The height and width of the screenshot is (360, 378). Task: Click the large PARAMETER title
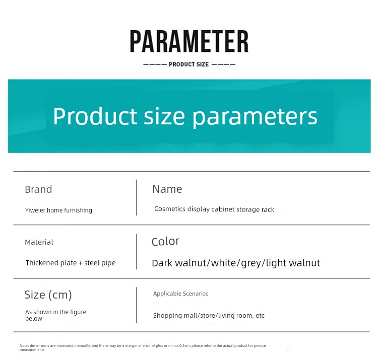click(x=189, y=41)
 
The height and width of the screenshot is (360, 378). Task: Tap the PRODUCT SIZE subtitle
click(x=189, y=64)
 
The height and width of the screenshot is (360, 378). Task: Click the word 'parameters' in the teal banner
click(x=255, y=117)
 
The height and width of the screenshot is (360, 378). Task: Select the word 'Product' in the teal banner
click(x=95, y=116)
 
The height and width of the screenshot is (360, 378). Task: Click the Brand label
click(x=38, y=189)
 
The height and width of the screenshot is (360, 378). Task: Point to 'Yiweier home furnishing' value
click(x=58, y=210)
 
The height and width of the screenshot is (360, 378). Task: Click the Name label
click(x=167, y=189)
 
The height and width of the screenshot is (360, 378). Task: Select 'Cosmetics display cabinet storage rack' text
click(x=214, y=209)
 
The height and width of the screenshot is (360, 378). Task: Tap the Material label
click(x=39, y=242)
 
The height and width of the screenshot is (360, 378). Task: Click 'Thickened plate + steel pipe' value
click(x=71, y=263)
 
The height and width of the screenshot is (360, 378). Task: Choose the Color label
click(x=165, y=241)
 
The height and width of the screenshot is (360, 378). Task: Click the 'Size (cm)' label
click(x=48, y=295)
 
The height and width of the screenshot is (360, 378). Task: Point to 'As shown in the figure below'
click(x=55, y=315)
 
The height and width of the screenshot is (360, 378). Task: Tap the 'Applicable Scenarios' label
click(x=181, y=294)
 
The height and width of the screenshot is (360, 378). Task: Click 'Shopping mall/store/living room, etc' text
click(x=209, y=316)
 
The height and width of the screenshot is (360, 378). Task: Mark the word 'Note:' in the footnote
click(x=24, y=345)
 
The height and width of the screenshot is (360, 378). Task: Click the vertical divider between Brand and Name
click(x=137, y=197)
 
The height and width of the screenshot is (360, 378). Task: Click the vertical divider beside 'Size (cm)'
click(x=137, y=305)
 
